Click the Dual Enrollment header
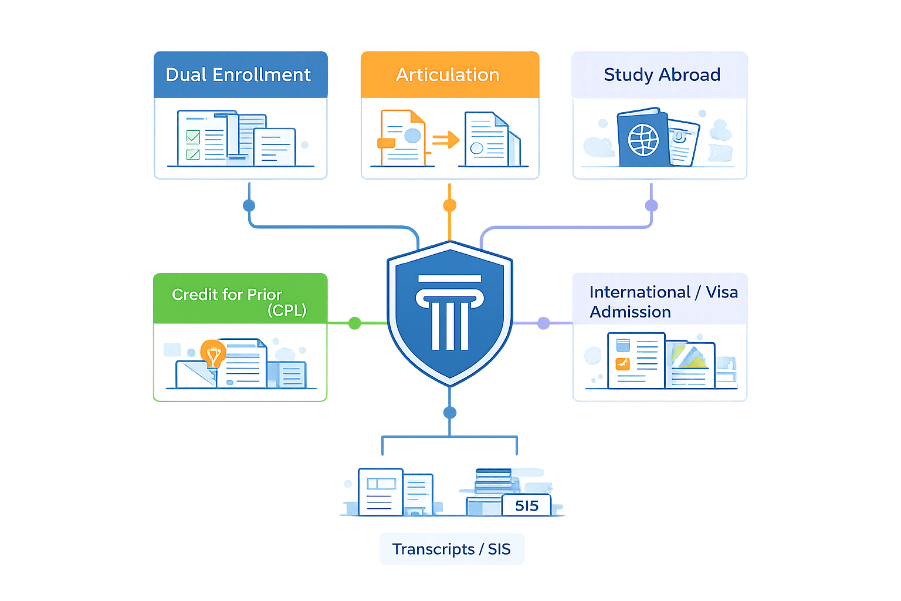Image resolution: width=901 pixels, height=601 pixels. coord(241,75)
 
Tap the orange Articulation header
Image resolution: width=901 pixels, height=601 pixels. coord(450,75)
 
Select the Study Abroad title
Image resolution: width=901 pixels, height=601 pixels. coord(662,75)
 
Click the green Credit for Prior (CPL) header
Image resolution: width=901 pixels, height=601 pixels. coord(241,298)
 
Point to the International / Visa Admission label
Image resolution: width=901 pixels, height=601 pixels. coord(663,302)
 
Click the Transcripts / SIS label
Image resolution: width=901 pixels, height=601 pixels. coord(451,549)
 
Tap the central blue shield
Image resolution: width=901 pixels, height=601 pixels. coord(450,313)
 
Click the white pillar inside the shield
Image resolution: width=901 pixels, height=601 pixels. coord(450,312)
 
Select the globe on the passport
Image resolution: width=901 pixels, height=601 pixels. coord(643,140)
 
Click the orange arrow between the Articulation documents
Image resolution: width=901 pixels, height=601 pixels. coord(446,140)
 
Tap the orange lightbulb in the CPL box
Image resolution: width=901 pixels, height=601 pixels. coord(213,354)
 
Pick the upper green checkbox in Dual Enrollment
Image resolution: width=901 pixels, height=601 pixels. coord(193,137)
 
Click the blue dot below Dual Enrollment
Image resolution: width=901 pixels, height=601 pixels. coord(249,205)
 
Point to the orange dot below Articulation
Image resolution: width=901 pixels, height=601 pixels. coord(450,205)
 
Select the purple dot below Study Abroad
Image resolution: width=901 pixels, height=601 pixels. coord(652,205)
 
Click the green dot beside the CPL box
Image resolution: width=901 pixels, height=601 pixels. coord(354,323)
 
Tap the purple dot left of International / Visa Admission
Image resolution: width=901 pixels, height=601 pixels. coord(543,323)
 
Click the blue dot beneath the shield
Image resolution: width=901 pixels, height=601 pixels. coord(450,413)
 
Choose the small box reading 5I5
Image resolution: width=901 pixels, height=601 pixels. coord(527,505)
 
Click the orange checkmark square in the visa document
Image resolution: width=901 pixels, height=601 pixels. coord(622,364)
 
